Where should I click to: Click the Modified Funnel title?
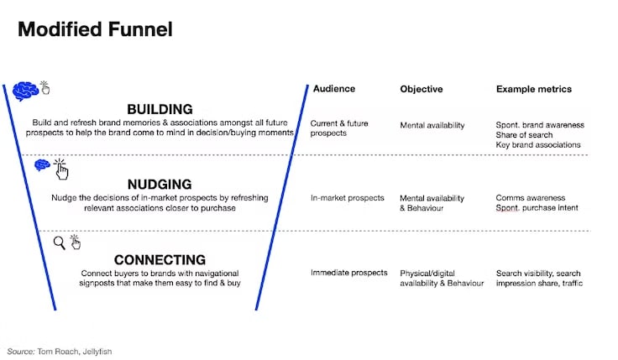pos(95,29)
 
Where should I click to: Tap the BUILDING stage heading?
pos(160,109)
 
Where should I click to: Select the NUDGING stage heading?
pos(160,185)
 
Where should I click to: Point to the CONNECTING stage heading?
pos(160,260)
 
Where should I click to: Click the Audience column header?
pos(334,89)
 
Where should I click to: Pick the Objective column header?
pos(422,89)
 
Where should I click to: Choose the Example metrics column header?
pos(534,89)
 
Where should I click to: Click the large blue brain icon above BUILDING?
pos(25,91)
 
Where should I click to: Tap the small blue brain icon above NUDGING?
pos(42,164)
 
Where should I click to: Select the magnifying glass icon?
pos(59,243)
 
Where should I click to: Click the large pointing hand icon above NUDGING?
pos(60,170)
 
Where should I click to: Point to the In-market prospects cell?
pos(348,198)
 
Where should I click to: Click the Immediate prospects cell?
pos(348,273)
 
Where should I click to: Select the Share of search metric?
pos(524,135)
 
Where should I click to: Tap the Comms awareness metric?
pos(531,198)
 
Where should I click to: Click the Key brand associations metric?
pos(538,144)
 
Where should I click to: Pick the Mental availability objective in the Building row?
pos(432,125)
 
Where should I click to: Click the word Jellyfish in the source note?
pos(97,352)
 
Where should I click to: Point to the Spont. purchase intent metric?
pos(537,207)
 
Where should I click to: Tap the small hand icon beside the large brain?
pos(45,88)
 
